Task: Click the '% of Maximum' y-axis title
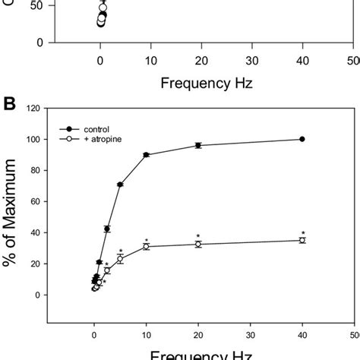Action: [11, 216]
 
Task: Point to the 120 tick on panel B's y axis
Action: [32, 109]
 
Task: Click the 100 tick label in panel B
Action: [32, 140]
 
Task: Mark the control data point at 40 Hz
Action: [302, 139]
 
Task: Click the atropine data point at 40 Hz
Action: [302, 240]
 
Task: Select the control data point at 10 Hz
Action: [147, 155]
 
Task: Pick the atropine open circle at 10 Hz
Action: [147, 246]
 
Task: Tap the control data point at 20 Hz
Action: [198, 145]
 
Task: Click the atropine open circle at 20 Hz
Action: [198, 244]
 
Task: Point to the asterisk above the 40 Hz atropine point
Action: [302, 232]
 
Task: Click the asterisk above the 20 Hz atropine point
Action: [198, 235]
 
